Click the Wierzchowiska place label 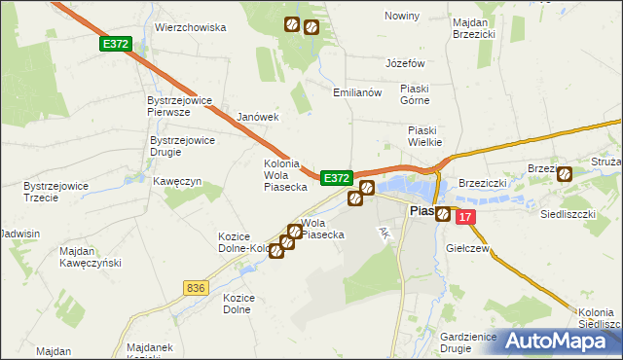pos(178,28)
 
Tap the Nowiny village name pos(401,17)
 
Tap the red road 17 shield pos(466,218)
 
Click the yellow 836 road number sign pos(196,287)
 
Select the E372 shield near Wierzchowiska pos(115,44)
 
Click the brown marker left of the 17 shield pos(444,214)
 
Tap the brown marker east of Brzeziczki pos(565,173)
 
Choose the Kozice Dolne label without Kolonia pos(238,304)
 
